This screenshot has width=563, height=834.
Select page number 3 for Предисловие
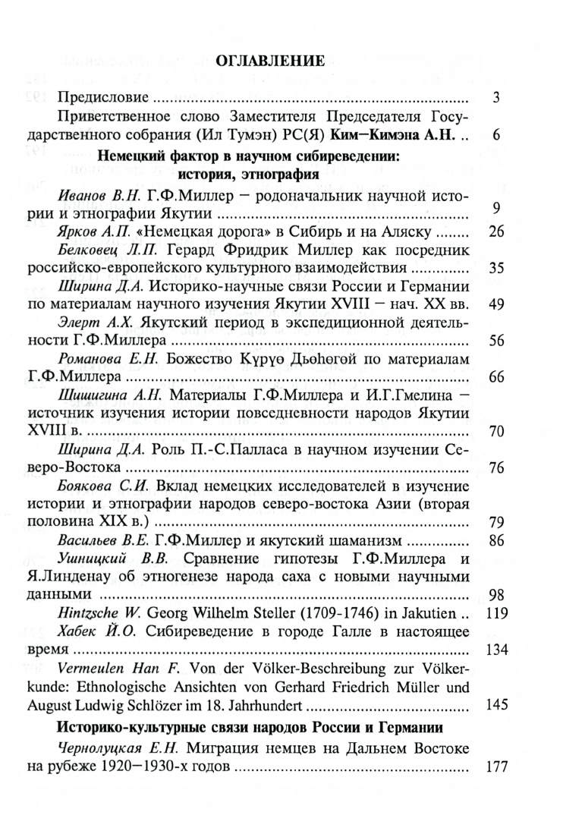click(x=495, y=98)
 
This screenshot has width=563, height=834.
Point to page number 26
click(x=497, y=231)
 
